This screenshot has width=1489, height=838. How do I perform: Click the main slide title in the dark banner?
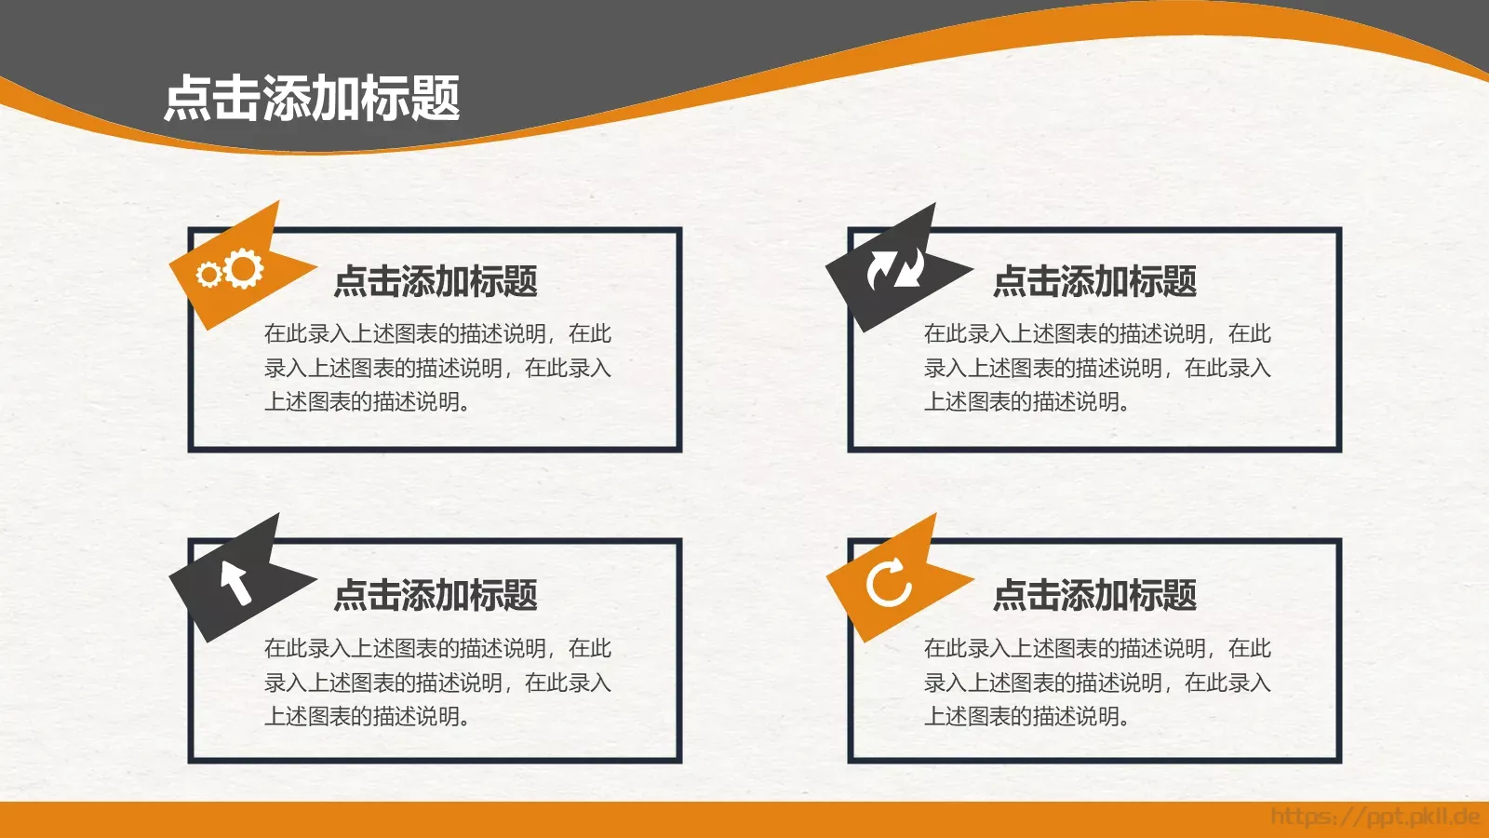point(312,99)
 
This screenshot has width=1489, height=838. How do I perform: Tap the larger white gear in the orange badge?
point(244,268)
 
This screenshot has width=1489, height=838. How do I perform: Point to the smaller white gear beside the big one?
point(208,275)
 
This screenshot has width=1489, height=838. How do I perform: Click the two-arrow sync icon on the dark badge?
point(895,269)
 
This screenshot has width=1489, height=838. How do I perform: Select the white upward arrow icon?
point(235,582)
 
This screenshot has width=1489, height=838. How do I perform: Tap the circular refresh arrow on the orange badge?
point(889,583)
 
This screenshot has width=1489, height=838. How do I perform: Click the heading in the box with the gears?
point(436,281)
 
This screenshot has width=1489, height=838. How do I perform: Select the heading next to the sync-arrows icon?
point(1094,281)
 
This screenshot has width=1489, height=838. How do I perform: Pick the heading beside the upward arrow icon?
point(436,595)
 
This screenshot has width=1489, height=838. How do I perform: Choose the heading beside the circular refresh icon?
point(1094,595)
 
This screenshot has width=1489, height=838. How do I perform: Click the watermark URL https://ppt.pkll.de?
point(1375,818)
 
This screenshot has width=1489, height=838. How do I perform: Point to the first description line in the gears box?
point(437,333)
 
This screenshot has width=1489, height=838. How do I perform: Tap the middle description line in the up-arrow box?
point(437,683)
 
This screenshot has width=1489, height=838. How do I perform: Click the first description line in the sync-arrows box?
point(1097,333)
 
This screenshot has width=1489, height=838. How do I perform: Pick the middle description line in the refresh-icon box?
point(1097,683)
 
